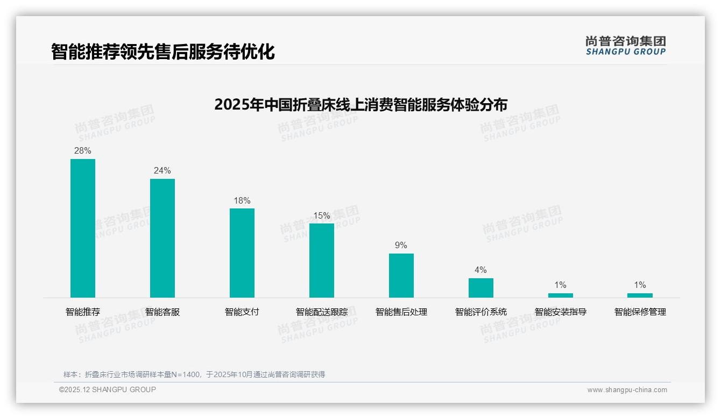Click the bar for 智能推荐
(x=83, y=228)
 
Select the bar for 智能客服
(x=162, y=238)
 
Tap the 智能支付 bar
(x=242, y=253)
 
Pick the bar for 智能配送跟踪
(x=322, y=261)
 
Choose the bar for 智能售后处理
(x=401, y=276)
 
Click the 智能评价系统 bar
(x=481, y=288)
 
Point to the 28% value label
(x=83, y=151)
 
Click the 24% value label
(x=162, y=171)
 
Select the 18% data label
(x=242, y=201)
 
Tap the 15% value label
(x=322, y=216)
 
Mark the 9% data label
(x=401, y=245)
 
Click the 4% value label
(x=481, y=270)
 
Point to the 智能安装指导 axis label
(x=561, y=312)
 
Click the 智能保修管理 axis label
(x=640, y=312)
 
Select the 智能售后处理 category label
(x=401, y=312)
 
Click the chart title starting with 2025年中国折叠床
(x=360, y=105)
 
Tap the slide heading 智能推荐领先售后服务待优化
(x=163, y=52)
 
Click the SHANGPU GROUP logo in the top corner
(x=626, y=46)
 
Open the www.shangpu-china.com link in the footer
(x=627, y=390)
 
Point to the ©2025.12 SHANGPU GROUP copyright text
(x=108, y=390)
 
